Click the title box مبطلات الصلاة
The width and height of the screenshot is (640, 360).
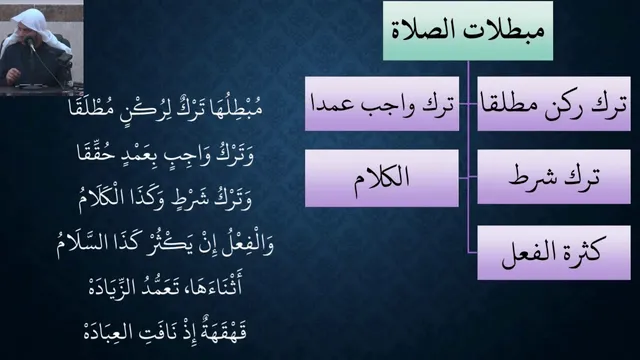click(468, 31)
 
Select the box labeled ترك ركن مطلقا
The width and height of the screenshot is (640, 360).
click(554, 104)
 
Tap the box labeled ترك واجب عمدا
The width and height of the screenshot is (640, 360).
click(382, 104)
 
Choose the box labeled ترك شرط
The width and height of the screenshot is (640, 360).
click(554, 177)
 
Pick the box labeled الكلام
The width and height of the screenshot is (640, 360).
click(382, 178)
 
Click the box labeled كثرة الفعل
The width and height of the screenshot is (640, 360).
click(554, 253)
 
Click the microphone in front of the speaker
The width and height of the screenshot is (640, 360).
click(29, 42)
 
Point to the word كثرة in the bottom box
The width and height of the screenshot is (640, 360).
click(580, 251)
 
